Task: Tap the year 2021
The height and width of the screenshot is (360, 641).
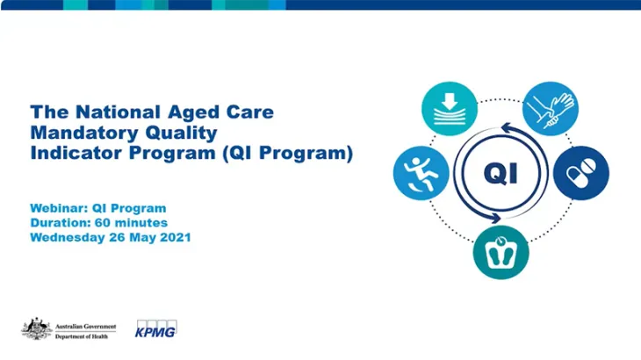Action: [x=171, y=238]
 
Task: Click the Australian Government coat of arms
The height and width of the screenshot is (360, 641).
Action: [x=35, y=328]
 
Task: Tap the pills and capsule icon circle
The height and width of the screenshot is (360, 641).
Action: [x=581, y=170]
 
